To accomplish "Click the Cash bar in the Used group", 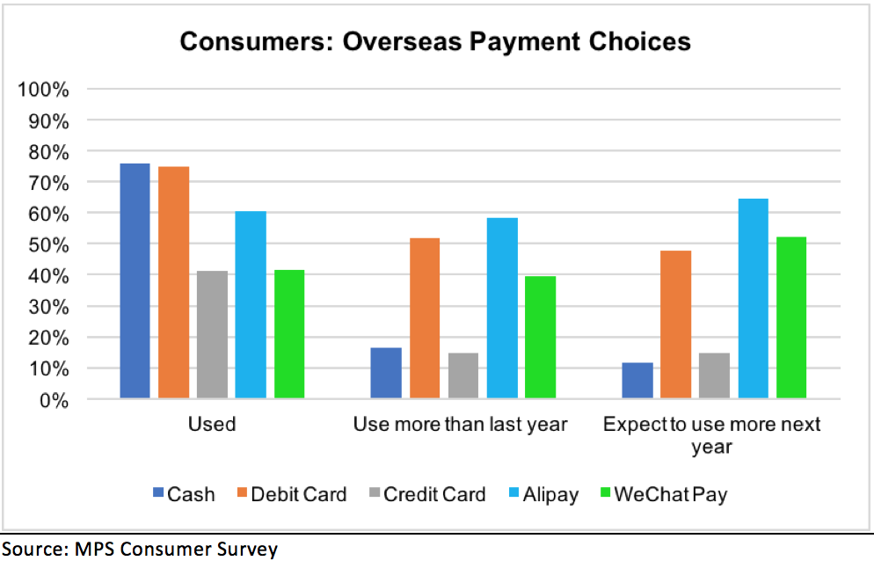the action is tap(135, 281).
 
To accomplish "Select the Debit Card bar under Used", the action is tap(173, 282).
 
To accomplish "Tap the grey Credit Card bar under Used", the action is tap(213, 334).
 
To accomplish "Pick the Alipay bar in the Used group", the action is tap(251, 305).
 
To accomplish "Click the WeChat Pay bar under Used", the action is tap(289, 334).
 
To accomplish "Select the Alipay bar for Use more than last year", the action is tap(502, 309).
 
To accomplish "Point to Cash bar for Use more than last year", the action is tap(386, 373).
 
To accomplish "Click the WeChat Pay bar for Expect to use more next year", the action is tap(791, 317).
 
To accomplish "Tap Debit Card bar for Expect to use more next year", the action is tap(675, 324).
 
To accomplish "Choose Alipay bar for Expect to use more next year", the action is tap(753, 299).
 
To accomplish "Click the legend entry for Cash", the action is tap(184, 494).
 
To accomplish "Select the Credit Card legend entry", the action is tap(427, 494).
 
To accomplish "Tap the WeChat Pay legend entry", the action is tap(664, 495).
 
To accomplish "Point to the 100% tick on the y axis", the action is tap(43, 89).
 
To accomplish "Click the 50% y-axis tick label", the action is tap(49, 244).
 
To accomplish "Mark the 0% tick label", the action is tap(54, 400).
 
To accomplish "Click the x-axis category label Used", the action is tap(212, 424).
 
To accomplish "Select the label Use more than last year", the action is tap(461, 424).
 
